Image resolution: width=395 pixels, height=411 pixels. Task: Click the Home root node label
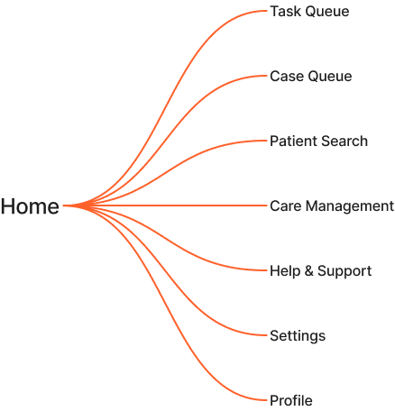click(x=30, y=206)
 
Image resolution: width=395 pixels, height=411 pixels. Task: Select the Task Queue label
click(x=309, y=12)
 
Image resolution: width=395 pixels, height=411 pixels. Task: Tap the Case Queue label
click(x=311, y=77)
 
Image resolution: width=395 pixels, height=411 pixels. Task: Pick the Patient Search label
click(x=318, y=142)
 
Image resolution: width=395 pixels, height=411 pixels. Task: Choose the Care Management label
click(x=332, y=206)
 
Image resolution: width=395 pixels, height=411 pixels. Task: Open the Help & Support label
click(x=321, y=271)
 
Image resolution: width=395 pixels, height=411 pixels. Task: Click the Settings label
click(x=298, y=336)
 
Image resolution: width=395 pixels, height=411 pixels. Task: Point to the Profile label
click(x=291, y=401)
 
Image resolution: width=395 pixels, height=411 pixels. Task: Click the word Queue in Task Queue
click(x=328, y=12)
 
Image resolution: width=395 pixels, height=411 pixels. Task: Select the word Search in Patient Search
click(x=344, y=142)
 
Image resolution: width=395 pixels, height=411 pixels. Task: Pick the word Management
click(x=350, y=206)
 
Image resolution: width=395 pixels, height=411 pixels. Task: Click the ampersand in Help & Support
click(x=309, y=271)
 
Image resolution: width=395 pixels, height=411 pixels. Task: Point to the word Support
click(x=344, y=271)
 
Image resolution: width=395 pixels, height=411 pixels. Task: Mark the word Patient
click(x=293, y=142)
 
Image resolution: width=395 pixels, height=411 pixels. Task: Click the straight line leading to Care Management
click(x=165, y=205)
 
